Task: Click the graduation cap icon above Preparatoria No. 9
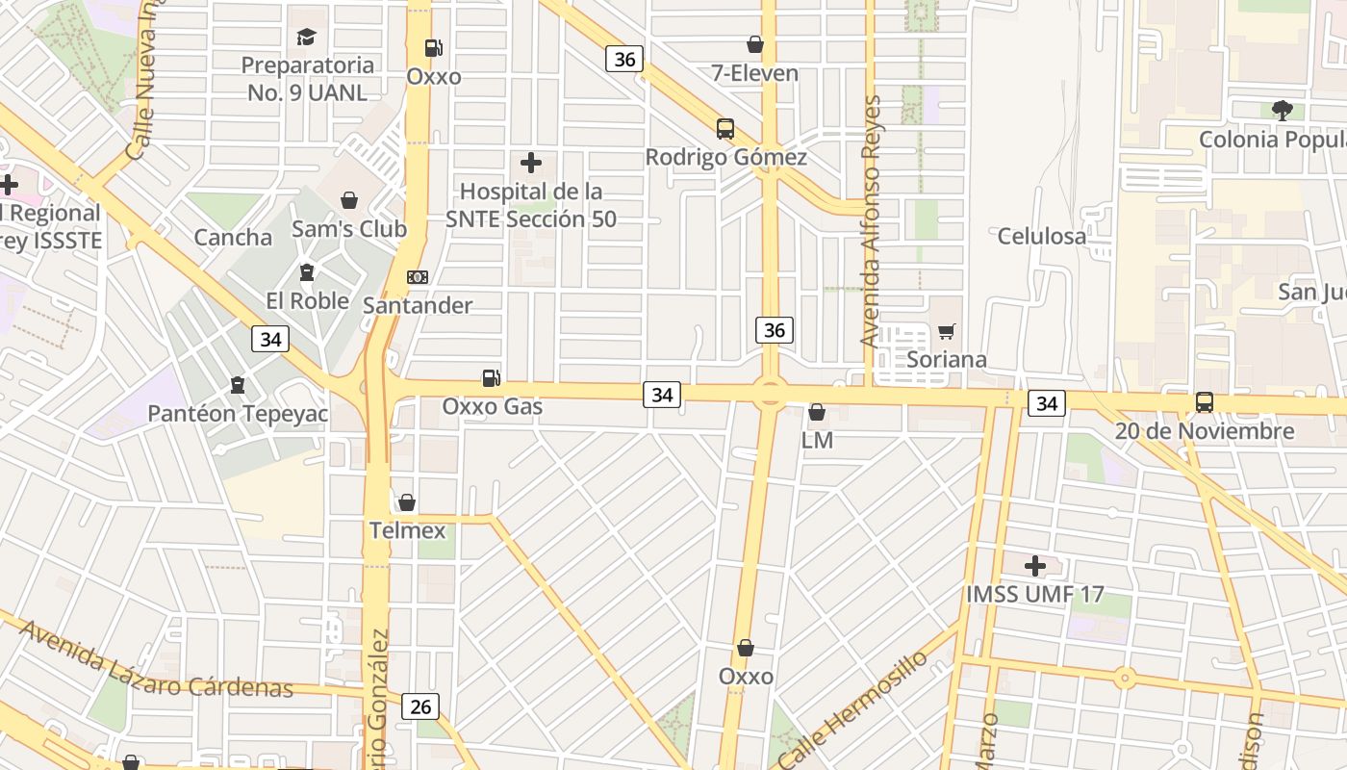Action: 306,38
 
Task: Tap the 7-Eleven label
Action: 755,73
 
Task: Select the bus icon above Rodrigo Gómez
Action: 725,129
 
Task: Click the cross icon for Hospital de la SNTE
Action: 530,164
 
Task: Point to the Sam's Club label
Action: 349,229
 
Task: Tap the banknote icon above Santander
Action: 418,277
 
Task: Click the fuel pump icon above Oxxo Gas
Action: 491,378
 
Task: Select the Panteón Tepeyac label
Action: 238,414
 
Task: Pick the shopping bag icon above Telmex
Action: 407,502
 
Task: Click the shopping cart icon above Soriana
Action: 947,332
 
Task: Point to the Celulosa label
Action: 1042,236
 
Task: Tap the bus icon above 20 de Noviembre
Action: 1204,402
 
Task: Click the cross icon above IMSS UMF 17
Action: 1035,566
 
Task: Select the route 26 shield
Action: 420,706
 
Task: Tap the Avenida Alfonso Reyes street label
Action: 872,221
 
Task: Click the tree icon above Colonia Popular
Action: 1282,111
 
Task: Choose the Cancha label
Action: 233,238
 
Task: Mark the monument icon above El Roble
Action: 307,272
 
